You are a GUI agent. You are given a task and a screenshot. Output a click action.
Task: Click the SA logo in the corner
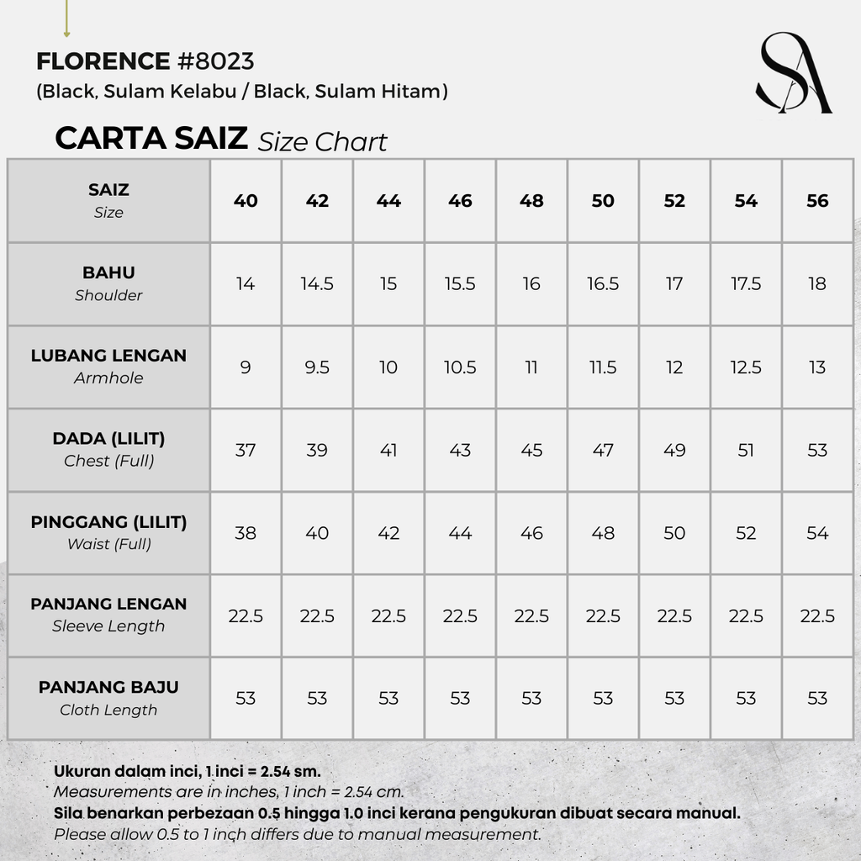[792, 73]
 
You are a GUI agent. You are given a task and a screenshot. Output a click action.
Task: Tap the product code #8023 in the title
[215, 61]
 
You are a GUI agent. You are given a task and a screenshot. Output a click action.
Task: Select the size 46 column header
[460, 201]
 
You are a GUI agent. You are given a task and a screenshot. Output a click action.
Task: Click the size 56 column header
[817, 201]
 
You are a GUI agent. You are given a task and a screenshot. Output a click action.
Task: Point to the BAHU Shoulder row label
[108, 283]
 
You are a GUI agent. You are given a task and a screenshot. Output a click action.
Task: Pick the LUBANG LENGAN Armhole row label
[108, 366]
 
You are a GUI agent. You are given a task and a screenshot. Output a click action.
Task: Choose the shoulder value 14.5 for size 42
[317, 284]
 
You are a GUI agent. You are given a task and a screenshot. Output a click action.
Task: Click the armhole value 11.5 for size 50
[603, 367]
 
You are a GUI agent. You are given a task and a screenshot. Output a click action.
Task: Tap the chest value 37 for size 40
[246, 450]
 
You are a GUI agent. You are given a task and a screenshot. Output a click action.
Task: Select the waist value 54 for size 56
[817, 533]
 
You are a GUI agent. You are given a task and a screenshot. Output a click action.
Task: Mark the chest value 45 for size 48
[531, 450]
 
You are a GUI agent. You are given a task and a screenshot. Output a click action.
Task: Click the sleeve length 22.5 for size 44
[388, 616]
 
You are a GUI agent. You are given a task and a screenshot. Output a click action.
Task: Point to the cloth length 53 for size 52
[674, 698]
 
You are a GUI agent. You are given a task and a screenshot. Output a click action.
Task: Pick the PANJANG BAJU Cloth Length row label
[108, 698]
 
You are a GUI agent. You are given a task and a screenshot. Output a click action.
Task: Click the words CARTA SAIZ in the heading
[151, 138]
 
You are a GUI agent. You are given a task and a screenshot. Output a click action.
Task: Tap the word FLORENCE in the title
[103, 61]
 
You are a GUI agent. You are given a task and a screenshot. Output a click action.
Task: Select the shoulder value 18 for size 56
[817, 284]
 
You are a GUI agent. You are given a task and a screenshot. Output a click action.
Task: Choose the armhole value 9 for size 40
[246, 367]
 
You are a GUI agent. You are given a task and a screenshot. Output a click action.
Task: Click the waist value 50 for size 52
[674, 533]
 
